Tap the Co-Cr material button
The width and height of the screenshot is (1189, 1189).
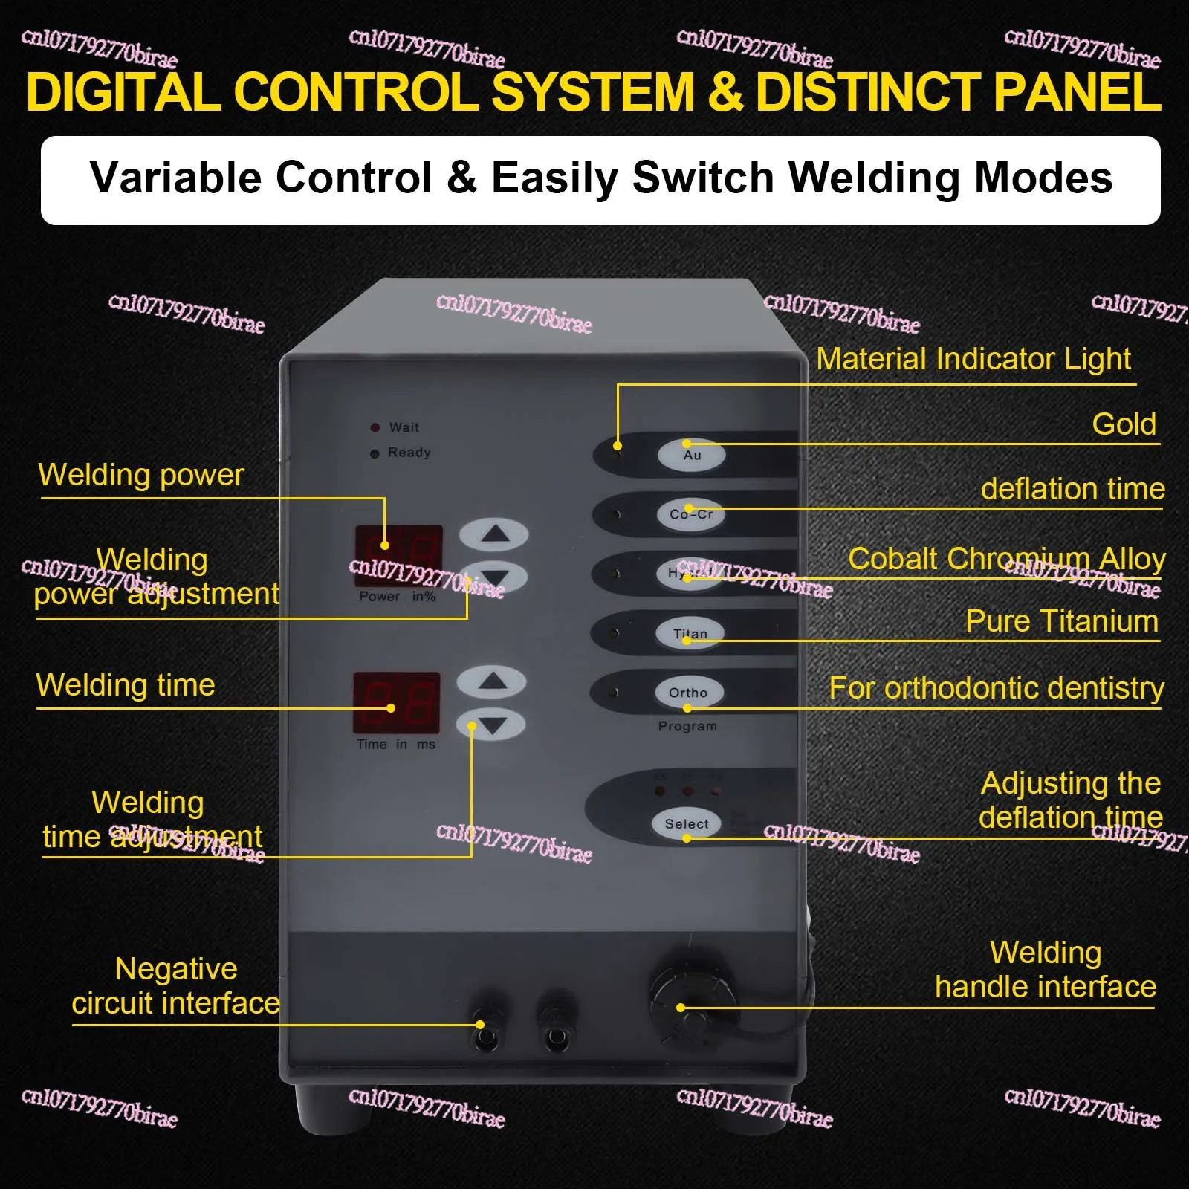click(691, 514)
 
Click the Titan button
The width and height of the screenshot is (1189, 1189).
click(690, 634)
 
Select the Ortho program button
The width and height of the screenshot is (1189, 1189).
click(688, 693)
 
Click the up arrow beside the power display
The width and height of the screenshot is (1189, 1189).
click(494, 534)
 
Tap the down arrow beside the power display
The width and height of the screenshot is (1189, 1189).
click(494, 577)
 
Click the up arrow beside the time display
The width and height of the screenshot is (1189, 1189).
click(491, 681)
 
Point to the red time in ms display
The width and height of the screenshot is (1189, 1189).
click(397, 702)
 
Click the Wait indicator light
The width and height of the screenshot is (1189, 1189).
click(375, 427)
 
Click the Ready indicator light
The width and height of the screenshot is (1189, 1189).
click(375, 453)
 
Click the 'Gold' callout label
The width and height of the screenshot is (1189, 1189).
click(1124, 424)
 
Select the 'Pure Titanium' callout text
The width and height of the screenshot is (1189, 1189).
click(1061, 621)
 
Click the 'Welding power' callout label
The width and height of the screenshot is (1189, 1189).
click(141, 475)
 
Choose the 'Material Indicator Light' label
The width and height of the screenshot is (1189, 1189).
click(973, 359)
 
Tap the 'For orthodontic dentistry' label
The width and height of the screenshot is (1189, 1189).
click(996, 688)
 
